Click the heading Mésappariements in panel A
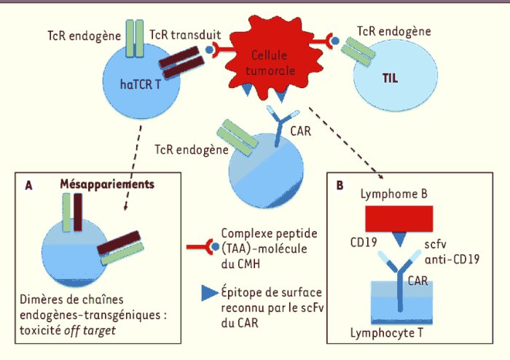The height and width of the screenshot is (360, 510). coord(106,184)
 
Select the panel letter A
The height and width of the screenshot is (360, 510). coord(28,185)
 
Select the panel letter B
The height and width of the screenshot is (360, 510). coord(340,185)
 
